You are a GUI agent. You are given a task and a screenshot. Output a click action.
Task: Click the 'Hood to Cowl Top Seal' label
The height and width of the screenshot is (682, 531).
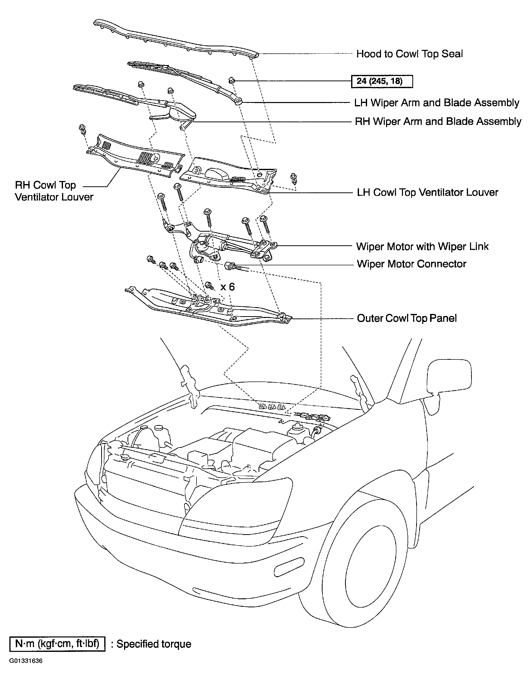409,54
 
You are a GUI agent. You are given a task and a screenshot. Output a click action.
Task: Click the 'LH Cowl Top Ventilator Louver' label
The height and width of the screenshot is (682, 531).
428,192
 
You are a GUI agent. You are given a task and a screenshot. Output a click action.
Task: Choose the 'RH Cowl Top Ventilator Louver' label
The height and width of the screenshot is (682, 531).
54,191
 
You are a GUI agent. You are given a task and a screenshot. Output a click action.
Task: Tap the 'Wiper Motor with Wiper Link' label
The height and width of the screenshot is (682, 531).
422,246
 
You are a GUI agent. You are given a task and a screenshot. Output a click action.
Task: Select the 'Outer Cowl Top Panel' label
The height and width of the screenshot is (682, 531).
407,318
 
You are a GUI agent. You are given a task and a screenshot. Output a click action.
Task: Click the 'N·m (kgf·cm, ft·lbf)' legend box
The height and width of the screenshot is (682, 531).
57,644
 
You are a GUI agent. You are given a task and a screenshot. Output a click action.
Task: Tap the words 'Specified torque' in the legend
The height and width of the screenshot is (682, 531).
154,644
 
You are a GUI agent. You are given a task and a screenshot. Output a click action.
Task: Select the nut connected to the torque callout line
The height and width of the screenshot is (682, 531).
231,81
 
